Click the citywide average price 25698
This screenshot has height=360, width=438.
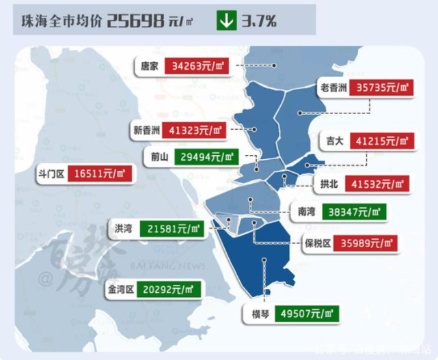pos(135,21)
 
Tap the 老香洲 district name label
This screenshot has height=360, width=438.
pos(332,88)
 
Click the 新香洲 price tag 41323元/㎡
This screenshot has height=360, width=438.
pos(197,129)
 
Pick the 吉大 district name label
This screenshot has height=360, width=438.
pos(334,141)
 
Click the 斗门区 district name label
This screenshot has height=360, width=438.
pos(51,174)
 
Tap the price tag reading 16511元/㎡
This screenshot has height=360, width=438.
pos(100,174)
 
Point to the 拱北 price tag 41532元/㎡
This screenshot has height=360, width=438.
pos(379,184)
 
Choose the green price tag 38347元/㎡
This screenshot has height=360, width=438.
pos(353,212)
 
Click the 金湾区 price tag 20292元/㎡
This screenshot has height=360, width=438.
pos(169,289)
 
